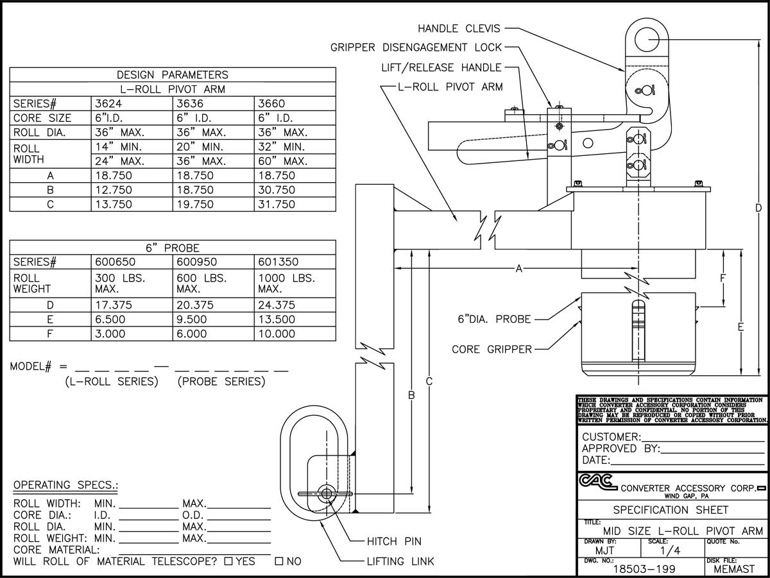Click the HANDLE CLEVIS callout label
pos(458,28)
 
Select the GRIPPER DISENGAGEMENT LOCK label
pos(416,47)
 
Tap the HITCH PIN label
pos(394,541)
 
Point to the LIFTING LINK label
pos(400,561)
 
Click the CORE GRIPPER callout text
pos(492,350)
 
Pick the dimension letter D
pos(758,208)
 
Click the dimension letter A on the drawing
pos(518,269)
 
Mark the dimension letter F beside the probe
pos(723,278)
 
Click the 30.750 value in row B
pos(276,190)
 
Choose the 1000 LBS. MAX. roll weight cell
pos(286,284)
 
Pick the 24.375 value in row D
pos(276,305)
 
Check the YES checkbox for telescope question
pos(228,562)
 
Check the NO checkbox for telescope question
pos(279,562)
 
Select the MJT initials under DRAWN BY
pos(604,550)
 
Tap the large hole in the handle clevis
pos(647,40)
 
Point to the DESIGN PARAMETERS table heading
pos(172,75)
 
